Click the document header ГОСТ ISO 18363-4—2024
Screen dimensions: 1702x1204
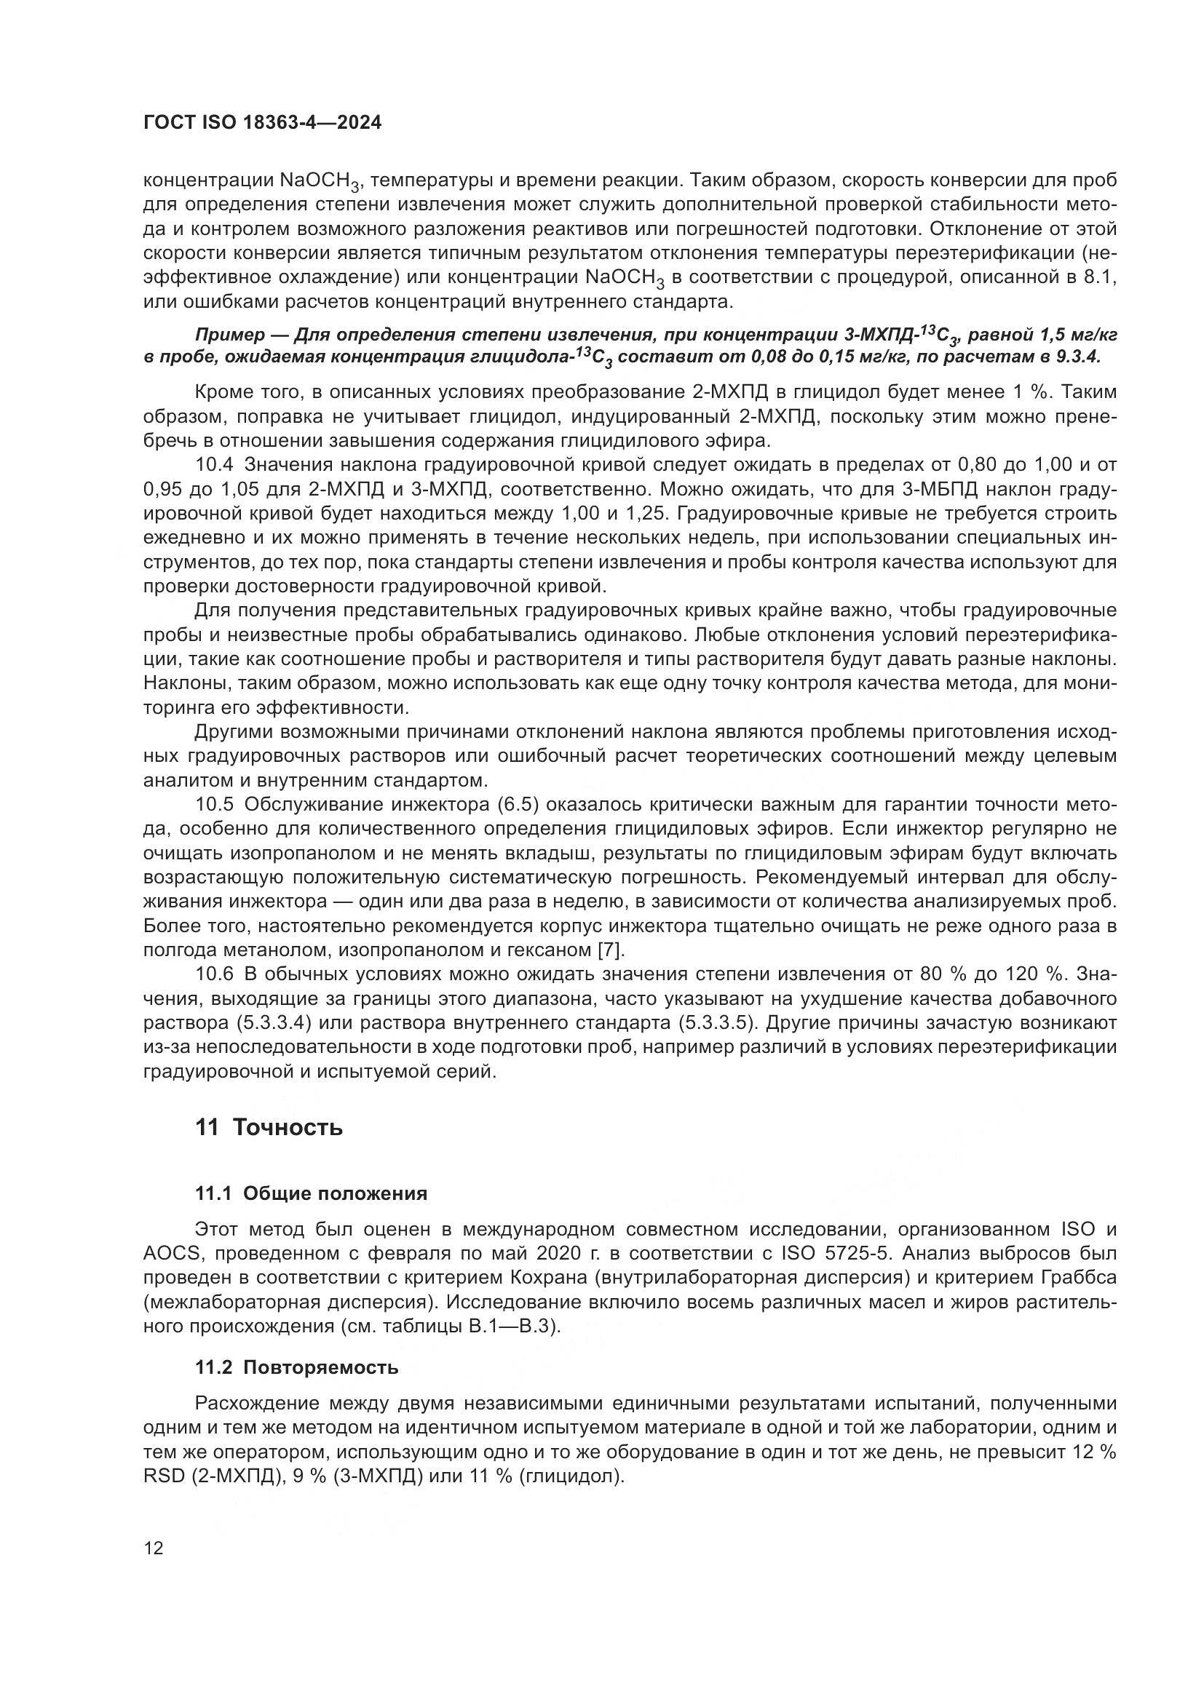[x=262, y=123]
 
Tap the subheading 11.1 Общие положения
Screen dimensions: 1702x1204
[x=312, y=1194]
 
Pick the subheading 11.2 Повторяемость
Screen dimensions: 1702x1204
[x=296, y=1368]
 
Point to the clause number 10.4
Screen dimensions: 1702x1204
[x=214, y=466]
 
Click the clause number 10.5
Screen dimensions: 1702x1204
[x=214, y=805]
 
